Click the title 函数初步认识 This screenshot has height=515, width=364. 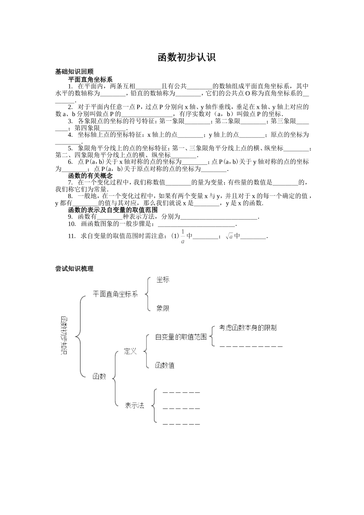(x=187, y=57)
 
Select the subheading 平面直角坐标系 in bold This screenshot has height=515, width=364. (x=90, y=79)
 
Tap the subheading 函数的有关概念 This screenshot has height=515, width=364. (x=90, y=175)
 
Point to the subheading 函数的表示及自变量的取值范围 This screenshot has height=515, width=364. (x=113, y=210)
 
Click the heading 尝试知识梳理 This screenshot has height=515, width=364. (x=74, y=269)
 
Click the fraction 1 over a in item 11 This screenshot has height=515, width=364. (x=183, y=236)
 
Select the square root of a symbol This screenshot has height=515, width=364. (x=229, y=236)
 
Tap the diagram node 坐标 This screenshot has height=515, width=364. (x=162, y=280)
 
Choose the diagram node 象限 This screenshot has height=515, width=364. (x=162, y=308)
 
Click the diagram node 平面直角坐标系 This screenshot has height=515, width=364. (x=115, y=294)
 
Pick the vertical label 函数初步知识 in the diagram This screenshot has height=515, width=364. (x=64, y=335)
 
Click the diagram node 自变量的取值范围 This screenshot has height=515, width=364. (x=181, y=337)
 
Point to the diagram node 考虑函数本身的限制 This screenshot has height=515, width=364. (x=248, y=328)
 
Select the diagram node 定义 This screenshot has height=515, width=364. (x=130, y=351)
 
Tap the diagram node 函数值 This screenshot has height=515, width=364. (x=165, y=365)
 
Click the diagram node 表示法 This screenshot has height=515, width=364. (x=134, y=405)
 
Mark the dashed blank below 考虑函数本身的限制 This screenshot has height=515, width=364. (x=251, y=346)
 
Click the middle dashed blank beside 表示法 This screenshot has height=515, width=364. (x=181, y=408)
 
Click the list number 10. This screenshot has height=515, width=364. (x=72, y=224)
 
